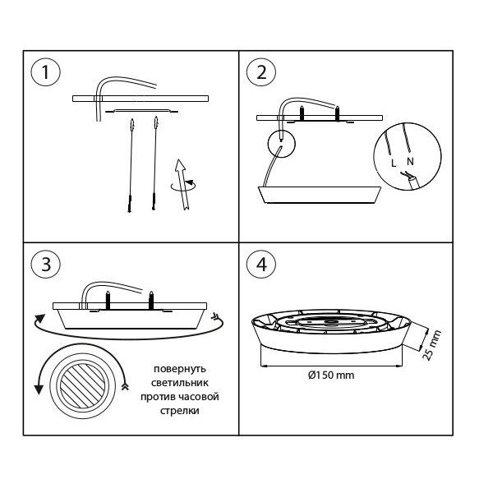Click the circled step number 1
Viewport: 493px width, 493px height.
pyautogui.click(x=46, y=73)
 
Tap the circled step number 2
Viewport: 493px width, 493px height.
pyautogui.click(x=261, y=72)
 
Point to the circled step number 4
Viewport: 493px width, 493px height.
pyautogui.click(x=261, y=264)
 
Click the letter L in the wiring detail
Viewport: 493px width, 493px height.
pyautogui.click(x=394, y=163)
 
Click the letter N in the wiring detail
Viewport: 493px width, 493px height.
pyautogui.click(x=409, y=163)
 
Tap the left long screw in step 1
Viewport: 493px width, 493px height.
pyautogui.click(x=130, y=164)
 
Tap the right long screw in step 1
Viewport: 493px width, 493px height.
pyautogui.click(x=154, y=164)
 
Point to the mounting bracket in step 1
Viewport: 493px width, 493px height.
pyautogui.click(x=144, y=109)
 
